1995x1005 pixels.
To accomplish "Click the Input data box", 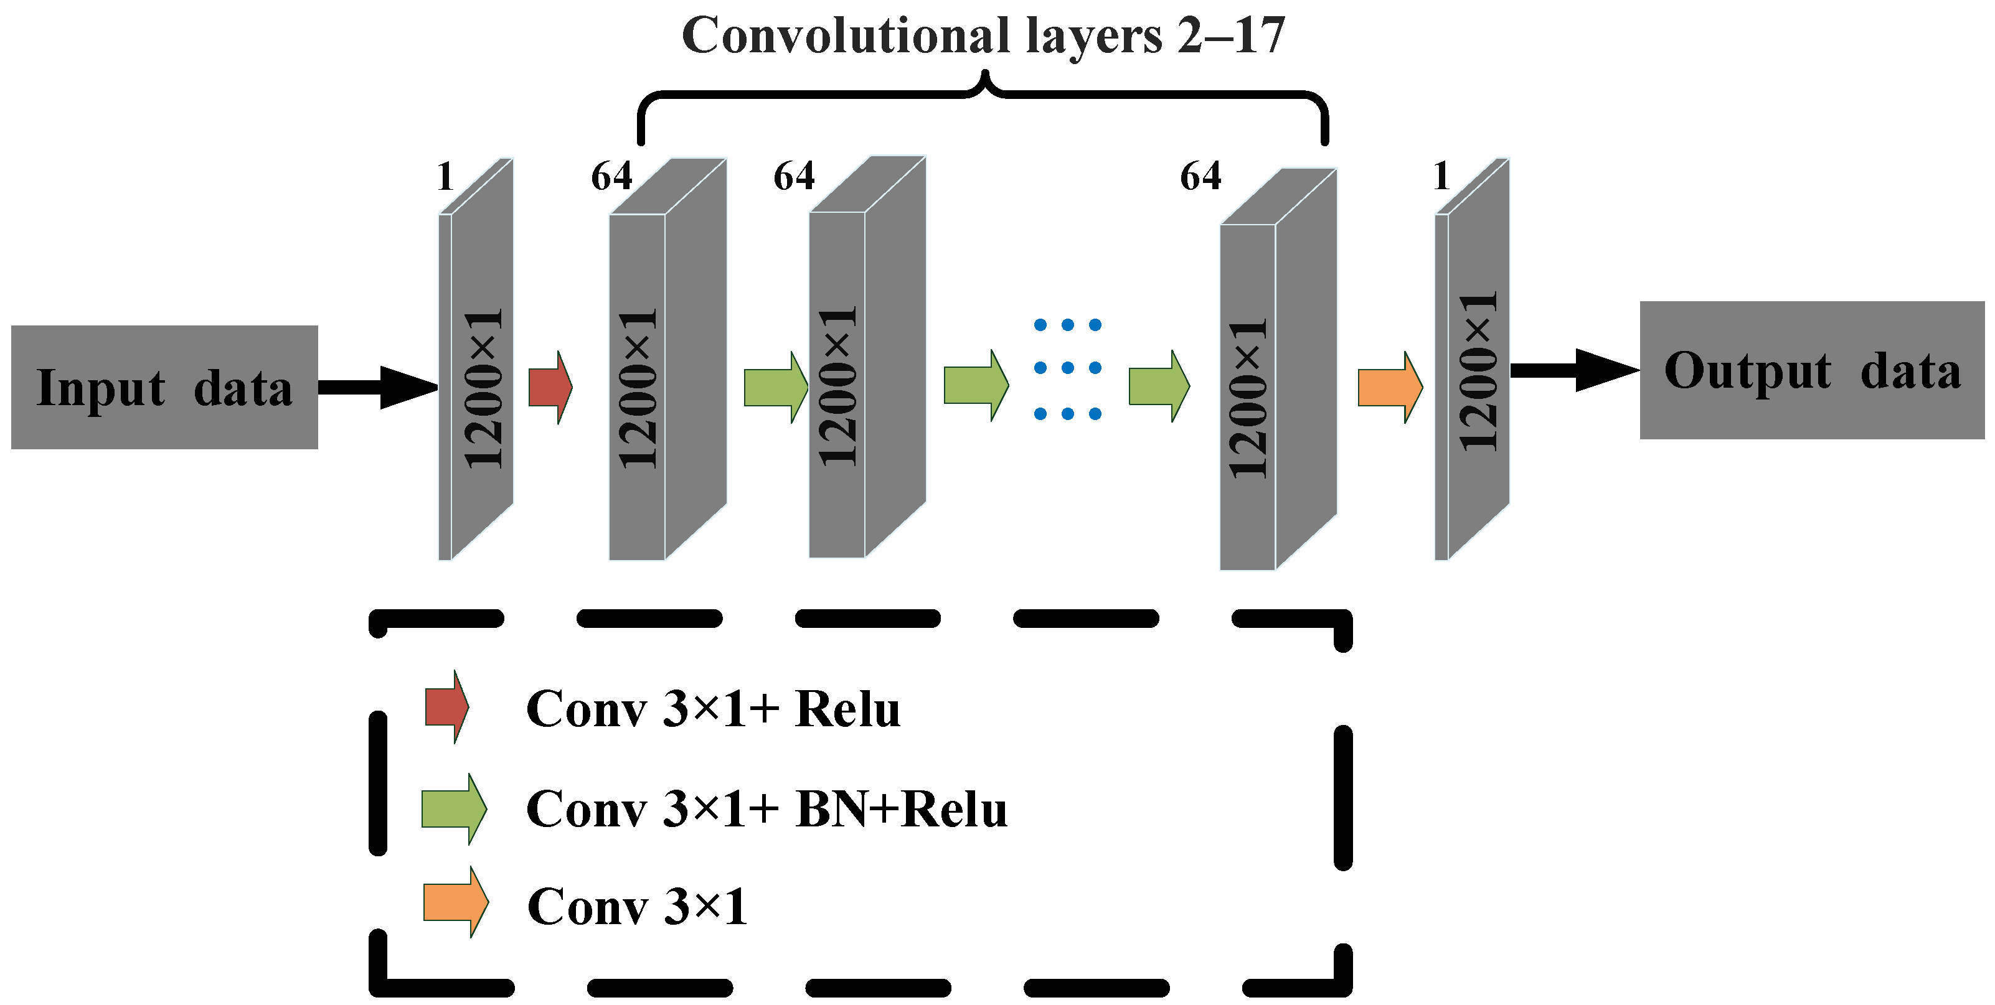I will [x=164, y=387].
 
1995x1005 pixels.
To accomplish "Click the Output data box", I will [x=1811, y=370].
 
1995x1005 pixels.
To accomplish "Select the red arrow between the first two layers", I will [x=549, y=387].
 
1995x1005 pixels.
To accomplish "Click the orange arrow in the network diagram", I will [x=1389, y=387].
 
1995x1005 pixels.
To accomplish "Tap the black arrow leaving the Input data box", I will [x=377, y=387].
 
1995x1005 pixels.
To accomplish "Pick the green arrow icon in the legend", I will [x=453, y=808].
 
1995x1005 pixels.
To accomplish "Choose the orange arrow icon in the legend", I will [x=455, y=902].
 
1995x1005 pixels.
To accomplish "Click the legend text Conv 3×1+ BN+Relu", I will [x=766, y=809].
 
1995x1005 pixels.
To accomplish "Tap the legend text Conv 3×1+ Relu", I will [x=712, y=708].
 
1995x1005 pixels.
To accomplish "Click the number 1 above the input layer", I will [x=445, y=177].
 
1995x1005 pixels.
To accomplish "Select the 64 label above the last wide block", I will [x=1200, y=177].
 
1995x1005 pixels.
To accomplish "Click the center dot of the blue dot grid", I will [x=1067, y=368].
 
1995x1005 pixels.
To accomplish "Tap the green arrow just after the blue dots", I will [x=1158, y=386].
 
